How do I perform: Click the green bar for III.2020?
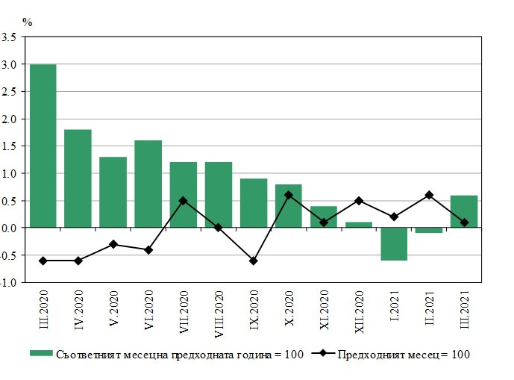coord(43,146)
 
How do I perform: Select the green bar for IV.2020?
coord(78,178)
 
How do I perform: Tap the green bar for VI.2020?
coord(148,184)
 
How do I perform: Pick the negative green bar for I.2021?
coord(394,243)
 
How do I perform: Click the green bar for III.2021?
coord(464,211)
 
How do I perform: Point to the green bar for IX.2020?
coord(254,202)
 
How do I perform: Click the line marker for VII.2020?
coord(183,200)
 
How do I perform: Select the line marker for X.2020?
coord(289,195)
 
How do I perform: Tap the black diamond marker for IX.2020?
coord(254,261)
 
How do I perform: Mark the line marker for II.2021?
coord(429,195)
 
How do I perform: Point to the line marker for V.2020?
coord(113,244)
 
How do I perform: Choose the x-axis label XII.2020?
coord(359,310)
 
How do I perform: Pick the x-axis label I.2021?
coord(394,305)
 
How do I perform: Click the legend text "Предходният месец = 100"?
coord(403,354)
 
